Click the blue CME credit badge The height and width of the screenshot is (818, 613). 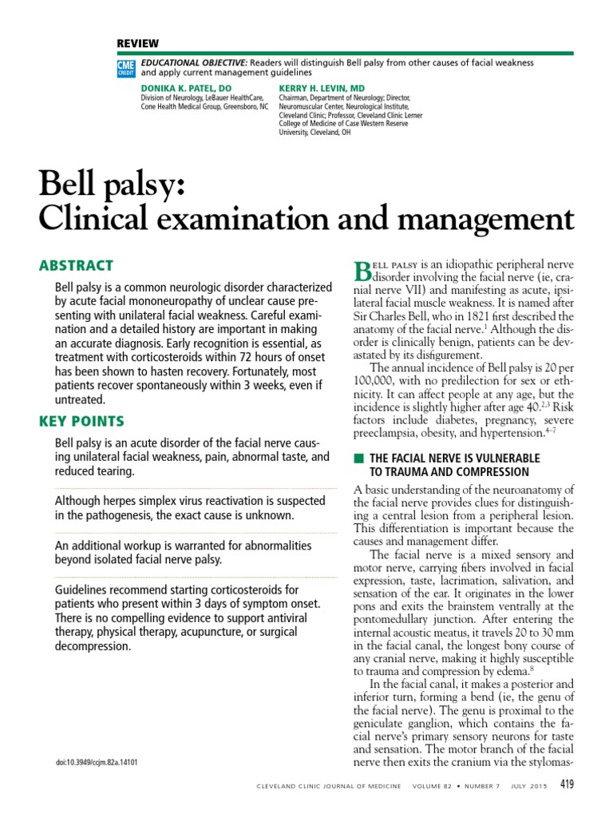coord(126,67)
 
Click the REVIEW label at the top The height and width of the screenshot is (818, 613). coord(138,43)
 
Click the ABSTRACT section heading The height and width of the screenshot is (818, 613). coord(76,266)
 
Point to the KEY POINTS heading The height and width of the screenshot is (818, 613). coord(81,421)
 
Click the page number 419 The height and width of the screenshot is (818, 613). coord(566,784)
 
